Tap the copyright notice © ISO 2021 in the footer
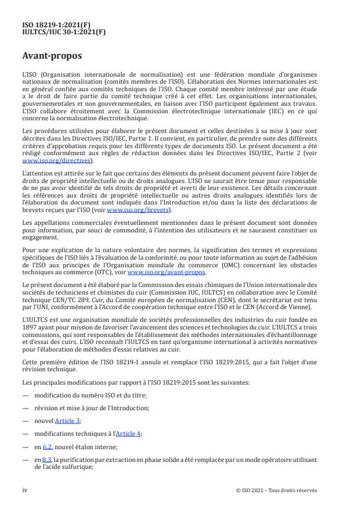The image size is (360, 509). click(x=276, y=490)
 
